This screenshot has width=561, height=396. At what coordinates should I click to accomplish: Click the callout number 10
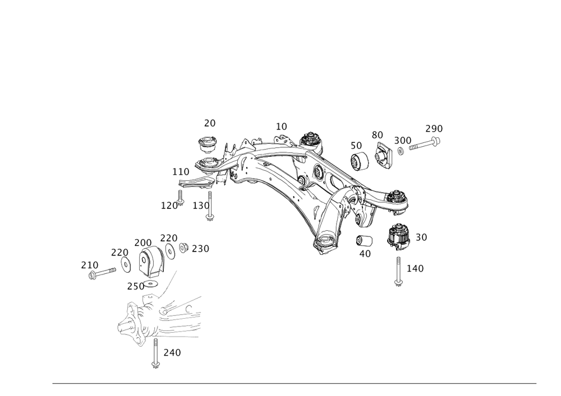(x=281, y=127)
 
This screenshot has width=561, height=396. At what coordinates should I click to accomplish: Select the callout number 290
(x=434, y=128)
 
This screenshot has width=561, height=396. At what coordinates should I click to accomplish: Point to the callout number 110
(x=181, y=171)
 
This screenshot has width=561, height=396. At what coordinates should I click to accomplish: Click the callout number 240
(x=172, y=353)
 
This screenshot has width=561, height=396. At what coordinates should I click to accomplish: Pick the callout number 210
(x=90, y=264)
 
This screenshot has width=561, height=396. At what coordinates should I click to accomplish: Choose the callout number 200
(x=142, y=243)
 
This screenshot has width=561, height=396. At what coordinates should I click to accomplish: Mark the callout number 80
(x=377, y=135)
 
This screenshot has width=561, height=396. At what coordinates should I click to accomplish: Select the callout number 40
(x=365, y=253)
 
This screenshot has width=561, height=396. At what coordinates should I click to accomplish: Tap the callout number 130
(x=201, y=206)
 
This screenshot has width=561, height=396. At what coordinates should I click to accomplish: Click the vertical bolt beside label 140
(x=398, y=271)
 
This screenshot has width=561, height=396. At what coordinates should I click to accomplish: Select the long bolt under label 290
(x=424, y=145)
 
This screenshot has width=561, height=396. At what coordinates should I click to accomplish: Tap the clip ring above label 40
(x=364, y=240)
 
